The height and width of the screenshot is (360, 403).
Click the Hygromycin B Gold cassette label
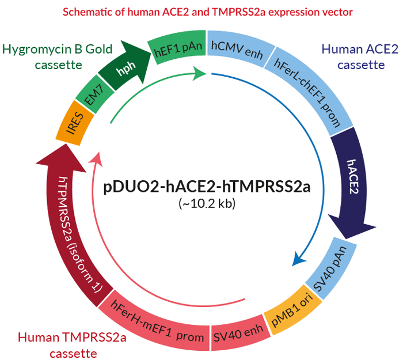coord(50,56)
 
